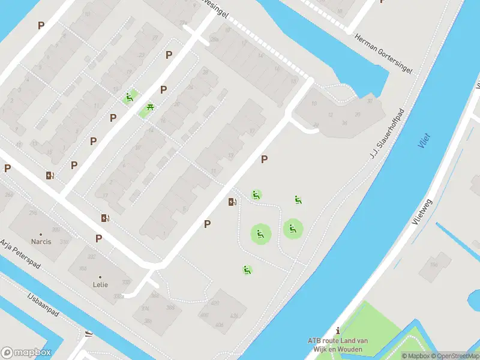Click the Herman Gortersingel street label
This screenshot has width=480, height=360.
coord(383,53)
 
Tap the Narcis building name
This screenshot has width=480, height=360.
coord(41,242)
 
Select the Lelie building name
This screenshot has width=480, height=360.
coord(100,284)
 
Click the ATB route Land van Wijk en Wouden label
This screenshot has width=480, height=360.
coord(338,344)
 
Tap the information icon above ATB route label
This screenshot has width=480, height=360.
coord(338,331)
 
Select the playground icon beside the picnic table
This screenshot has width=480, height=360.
coord(129,98)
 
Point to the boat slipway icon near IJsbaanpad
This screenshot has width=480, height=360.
coord(89,334)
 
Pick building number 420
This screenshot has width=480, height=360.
coord(215,303)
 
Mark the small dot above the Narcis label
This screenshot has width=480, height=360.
coord(41,234)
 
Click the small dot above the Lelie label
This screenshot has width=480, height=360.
coord(100,277)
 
